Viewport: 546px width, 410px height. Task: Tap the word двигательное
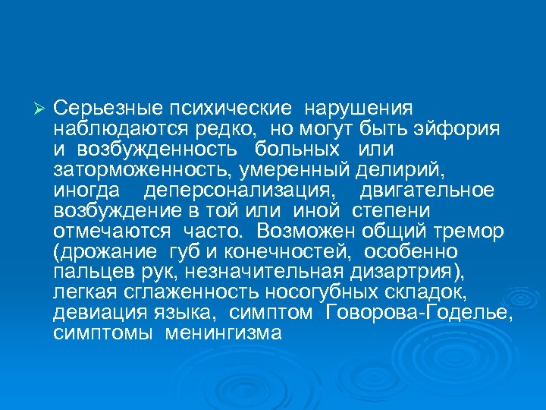point(427,188)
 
